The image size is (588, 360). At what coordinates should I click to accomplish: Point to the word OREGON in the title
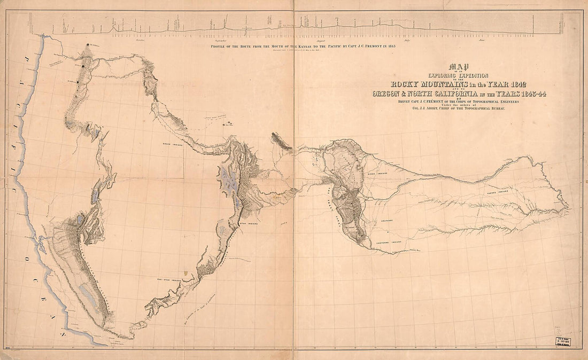390,94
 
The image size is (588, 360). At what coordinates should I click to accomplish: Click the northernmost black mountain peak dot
88,45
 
